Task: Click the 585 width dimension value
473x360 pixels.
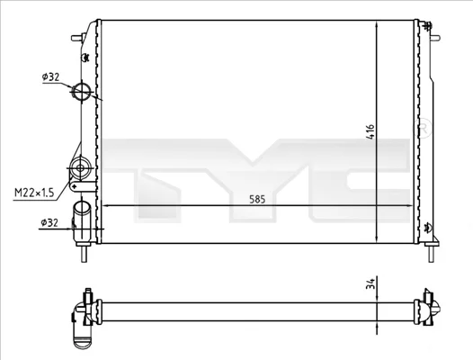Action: pyautogui.click(x=257, y=199)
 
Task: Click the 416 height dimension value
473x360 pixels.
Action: pyautogui.click(x=370, y=131)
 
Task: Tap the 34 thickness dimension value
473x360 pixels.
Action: pyautogui.click(x=370, y=283)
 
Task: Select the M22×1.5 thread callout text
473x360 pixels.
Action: pyautogui.click(x=34, y=192)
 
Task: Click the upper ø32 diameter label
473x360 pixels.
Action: pyautogui.click(x=50, y=77)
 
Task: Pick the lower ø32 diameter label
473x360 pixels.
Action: pyautogui.click(x=49, y=223)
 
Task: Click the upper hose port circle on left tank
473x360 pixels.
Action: pyautogui.click(x=82, y=91)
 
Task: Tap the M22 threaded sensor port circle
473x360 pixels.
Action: pyautogui.click(x=80, y=167)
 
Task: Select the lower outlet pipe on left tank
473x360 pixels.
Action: pyautogui.click(x=82, y=221)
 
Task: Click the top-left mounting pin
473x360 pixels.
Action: pyautogui.click(x=77, y=38)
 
